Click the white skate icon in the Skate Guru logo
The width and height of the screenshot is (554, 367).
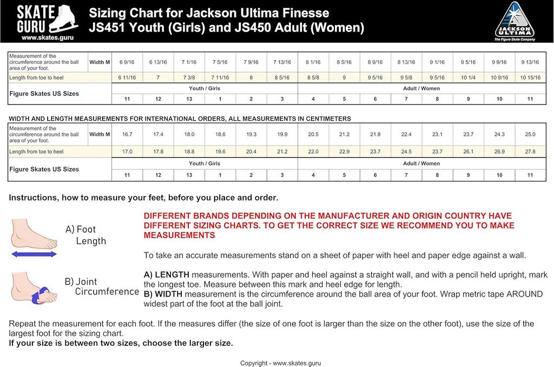65,18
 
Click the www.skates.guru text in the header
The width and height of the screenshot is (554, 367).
44,38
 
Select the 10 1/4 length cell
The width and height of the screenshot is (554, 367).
468,78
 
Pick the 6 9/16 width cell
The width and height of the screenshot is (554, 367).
127,62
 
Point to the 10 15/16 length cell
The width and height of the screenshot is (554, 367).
530,78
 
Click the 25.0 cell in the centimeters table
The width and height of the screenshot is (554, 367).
530,134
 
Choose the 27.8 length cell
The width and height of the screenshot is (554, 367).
530,152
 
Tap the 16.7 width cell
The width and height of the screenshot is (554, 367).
127,134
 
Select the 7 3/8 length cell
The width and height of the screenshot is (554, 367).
189,78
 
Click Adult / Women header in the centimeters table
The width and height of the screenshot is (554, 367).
422,163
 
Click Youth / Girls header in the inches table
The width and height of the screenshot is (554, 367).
205,88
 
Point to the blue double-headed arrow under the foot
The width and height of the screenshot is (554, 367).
34,254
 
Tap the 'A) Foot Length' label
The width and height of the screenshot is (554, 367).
85,235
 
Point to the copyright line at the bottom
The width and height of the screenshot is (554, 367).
280,363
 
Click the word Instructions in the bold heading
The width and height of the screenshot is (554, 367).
33,198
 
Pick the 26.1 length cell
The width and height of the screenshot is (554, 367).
468,152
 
